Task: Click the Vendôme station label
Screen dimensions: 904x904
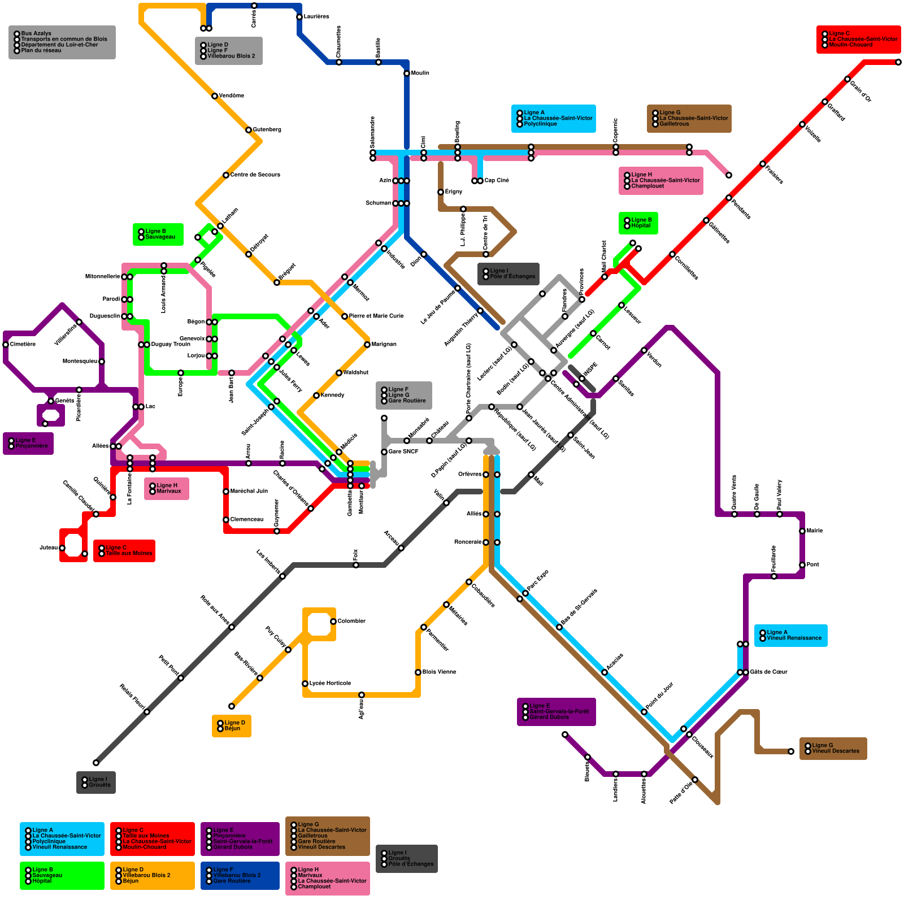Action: point(232,96)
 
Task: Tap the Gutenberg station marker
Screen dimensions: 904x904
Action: point(249,130)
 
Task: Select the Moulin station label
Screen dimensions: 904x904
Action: point(420,73)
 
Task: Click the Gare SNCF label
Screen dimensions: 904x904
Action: point(403,452)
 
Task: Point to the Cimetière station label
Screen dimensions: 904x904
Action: point(23,345)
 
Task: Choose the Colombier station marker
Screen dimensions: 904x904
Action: point(333,621)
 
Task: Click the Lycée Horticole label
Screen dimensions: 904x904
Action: point(330,684)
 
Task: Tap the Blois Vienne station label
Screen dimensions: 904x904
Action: point(439,672)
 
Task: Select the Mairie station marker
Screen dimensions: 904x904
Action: point(802,531)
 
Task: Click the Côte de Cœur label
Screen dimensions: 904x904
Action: point(768,672)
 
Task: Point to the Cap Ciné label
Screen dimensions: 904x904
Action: point(497,181)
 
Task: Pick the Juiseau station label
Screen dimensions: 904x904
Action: point(49,548)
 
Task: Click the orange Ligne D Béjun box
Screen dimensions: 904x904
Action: point(232,726)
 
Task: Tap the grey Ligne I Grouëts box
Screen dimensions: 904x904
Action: point(96,783)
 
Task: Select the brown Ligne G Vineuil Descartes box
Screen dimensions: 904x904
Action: point(833,749)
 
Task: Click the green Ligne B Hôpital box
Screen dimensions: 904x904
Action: point(638,223)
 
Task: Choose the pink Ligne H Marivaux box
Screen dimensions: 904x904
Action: point(166,489)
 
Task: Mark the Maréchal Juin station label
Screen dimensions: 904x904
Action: point(249,492)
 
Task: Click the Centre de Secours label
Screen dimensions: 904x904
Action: point(255,175)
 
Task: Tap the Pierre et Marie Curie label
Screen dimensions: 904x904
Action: point(376,316)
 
